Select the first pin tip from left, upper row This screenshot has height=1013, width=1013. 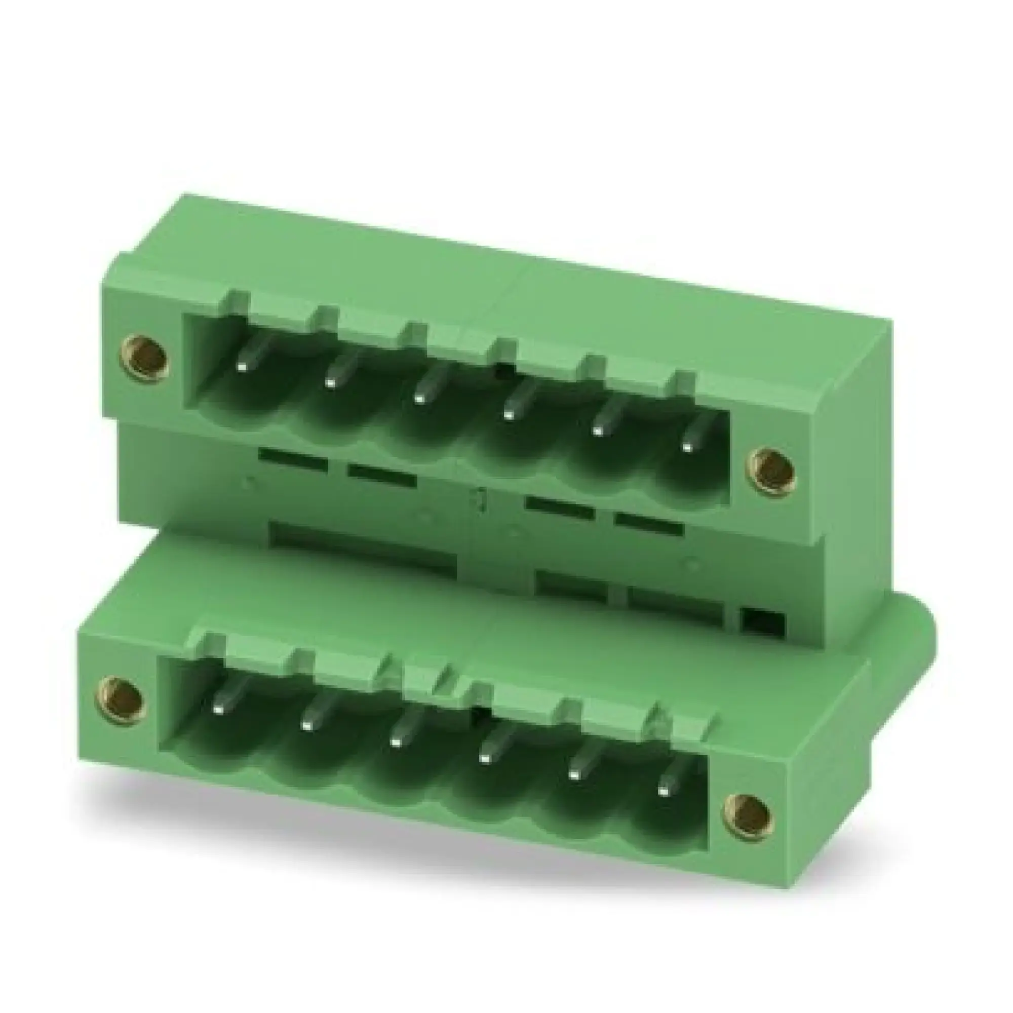pyautogui.click(x=242, y=367)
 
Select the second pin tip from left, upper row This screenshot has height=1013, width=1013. pyautogui.click(x=330, y=383)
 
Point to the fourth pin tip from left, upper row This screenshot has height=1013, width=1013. pyautogui.click(x=508, y=416)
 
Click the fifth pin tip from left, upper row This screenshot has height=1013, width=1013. pyautogui.click(x=597, y=432)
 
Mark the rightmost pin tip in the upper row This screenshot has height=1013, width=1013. pyautogui.click(x=686, y=447)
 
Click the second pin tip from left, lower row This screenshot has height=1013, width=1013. pyautogui.click(x=306, y=725)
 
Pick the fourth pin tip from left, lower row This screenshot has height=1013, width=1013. pyautogui.click(x=485, y=758)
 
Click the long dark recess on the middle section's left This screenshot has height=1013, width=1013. pyautogui.click(x=362, y=546)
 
